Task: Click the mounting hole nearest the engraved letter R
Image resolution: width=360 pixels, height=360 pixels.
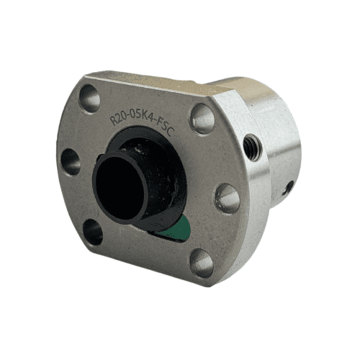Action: coord(90,98)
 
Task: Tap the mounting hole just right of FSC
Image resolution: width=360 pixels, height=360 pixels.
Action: coord(202,118)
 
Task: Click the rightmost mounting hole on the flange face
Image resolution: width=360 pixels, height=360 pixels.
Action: coord(228,198)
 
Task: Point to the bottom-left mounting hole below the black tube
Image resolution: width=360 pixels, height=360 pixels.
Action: coord(93,231)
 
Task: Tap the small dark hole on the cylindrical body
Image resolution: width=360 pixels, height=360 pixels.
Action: coord(287,189)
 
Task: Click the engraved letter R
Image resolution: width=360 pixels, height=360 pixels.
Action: coord(113,120)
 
